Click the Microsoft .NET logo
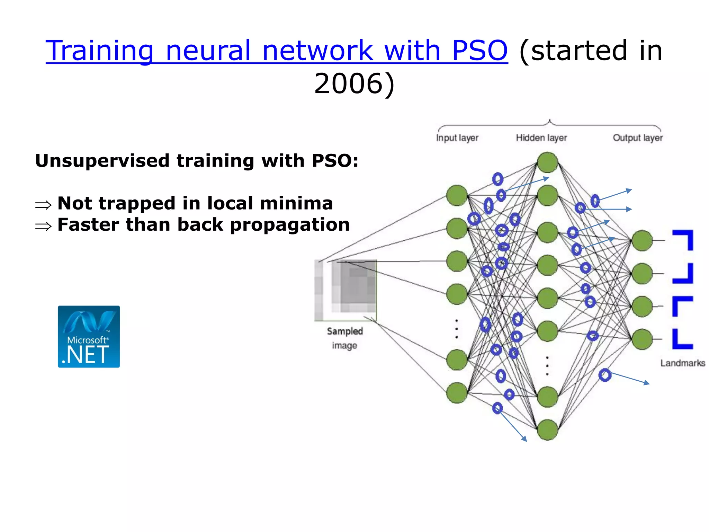click(x=89, y=336)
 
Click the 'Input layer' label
click(x=457, y=138)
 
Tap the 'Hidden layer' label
click(x=541, y=138)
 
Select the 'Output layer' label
click(x=637, y=138)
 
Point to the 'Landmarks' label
click(x=682, y=363)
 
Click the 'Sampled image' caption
click(x=344, y=338)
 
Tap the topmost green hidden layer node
click(x=547, y=162)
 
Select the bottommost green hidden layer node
click(x=547, y=430)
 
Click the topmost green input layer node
click(x=457, y=195)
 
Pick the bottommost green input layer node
click(x=457, y=393)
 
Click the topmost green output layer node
click(x=642, y=240)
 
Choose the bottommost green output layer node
click(x=642, y=339)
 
